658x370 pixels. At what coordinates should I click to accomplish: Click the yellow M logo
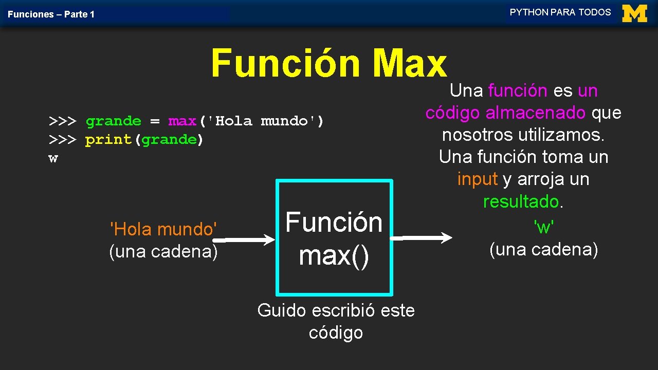click(634, 13)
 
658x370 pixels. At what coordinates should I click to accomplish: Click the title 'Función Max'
click(329, 64)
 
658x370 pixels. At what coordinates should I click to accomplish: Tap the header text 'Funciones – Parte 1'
click(51, 14)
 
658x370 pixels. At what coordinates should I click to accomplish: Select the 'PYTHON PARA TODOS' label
click(560, 12)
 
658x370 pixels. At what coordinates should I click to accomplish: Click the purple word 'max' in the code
click(182, 121)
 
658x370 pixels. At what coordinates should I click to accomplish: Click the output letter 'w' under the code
click(53, 158)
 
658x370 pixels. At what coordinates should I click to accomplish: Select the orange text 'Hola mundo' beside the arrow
click(163, 229)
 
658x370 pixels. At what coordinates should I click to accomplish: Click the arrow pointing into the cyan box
click(244, 239)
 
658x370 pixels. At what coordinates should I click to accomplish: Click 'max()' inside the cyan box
click(334, 255)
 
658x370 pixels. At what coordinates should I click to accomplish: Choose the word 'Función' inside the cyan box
click(334, 223)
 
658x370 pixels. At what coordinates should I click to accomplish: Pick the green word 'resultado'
click(521, 201)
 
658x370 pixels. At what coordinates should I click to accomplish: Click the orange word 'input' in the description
click(478, 179)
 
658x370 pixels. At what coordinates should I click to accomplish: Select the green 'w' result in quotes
click(543, 226)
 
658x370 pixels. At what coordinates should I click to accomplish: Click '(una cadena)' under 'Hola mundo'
click(163, 252)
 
